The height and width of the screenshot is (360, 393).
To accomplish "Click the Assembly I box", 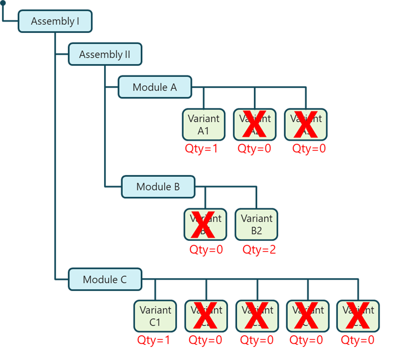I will pyautogui.click(x=56, y=22).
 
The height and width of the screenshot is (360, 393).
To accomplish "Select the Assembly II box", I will pyautogui.click(x=105, y=54).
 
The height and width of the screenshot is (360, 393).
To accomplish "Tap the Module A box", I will pyautogui.click(x=155, y=87).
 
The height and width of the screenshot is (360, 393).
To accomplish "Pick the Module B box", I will pyautogui.click(x=158, y=187).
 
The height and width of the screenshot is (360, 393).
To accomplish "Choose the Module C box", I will pyautogui.click(x=105, y=280).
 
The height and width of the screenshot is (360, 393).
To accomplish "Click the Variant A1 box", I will pyautogui.click(x=204, y=124).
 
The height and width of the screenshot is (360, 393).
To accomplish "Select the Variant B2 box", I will pyautogui.click(x=257, y=224).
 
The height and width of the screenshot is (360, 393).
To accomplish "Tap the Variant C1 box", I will pyautogui.click(x=155, y=316).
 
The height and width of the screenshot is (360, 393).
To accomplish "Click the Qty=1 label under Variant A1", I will pyautogui.click(x=202, y=149).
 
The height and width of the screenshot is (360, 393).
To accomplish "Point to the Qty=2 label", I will pyautogui.click(x=259, y=250).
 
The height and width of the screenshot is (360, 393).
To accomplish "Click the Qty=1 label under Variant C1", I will pyautogui.click(x=154, y=340).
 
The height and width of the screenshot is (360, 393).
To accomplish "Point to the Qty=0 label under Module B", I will pyautogui.click(x=206, y=250).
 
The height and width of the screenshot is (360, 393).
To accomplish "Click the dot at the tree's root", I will pyautogui.click(x=3, y=3).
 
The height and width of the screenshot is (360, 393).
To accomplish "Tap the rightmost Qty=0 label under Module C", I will pyautogui.click(x=358, y=340).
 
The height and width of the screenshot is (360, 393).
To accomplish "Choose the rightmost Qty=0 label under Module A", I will pyautogui.click(x=309, y=149).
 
